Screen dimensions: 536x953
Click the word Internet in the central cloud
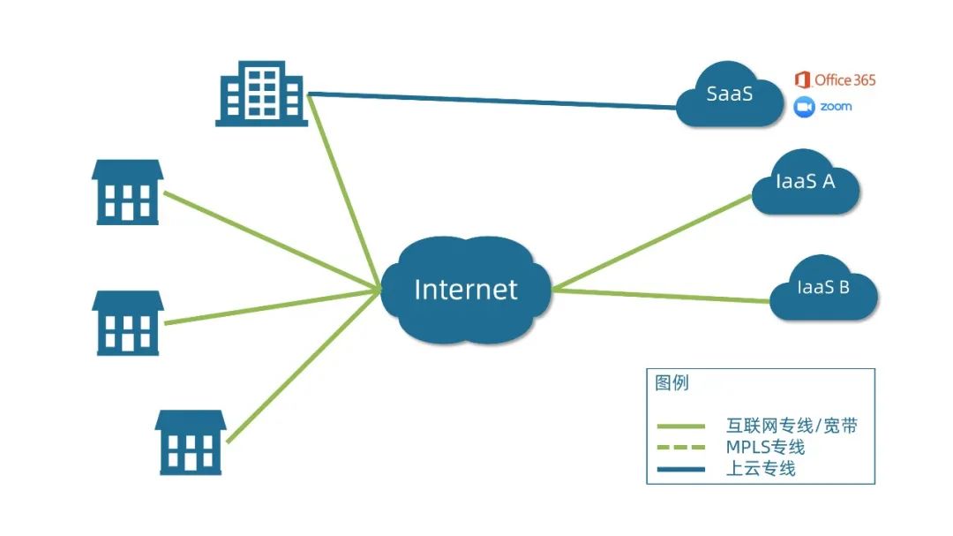click(465, 289)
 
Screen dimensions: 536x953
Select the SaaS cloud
click(730, 95)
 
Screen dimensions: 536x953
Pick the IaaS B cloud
click(822, 288)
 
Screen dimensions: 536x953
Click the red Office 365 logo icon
click(802, 80)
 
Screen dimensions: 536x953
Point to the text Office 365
click(844, 80)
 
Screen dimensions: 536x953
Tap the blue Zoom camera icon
click(803, 107)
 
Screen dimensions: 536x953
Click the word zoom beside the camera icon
click(836, 107)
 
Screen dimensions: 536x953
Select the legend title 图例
click(672, 383)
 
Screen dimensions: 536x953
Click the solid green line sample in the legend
click(680, 427)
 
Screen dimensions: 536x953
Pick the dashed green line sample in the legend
click(680, 448)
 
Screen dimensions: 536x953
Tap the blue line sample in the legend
click(680, 469)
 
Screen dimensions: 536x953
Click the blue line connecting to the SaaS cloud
click(494, 101)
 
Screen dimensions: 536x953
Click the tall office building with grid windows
click(262, 93)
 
